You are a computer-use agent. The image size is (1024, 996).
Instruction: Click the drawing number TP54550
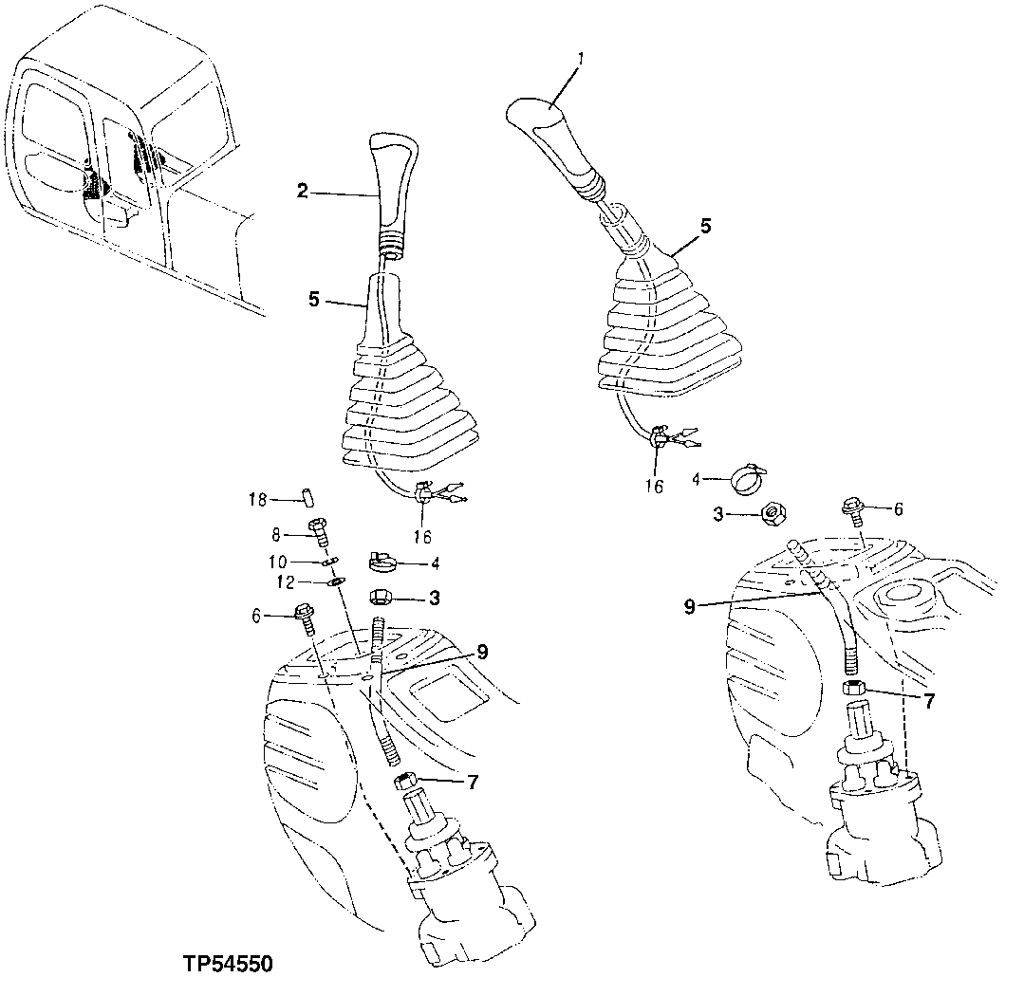click(x=228, y=965)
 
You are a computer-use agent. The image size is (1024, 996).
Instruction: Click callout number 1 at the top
click(x=581, y=59)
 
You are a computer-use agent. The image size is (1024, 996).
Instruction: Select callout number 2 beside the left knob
click(x=303, y=192)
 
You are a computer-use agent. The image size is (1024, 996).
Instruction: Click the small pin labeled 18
click(x=308, y=498)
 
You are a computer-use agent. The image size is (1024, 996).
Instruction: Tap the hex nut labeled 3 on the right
click(x=773, y=513)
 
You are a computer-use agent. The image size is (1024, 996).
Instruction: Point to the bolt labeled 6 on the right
click(x=852, y=508)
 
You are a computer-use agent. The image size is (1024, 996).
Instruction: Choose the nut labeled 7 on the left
click(x=406, y=783)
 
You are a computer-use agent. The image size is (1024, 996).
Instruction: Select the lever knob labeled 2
click(x=391, y=190)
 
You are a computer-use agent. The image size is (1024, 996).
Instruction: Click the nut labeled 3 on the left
click(x=382, y=599)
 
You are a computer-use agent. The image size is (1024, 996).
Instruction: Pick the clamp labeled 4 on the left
click(x=382, y=563)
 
